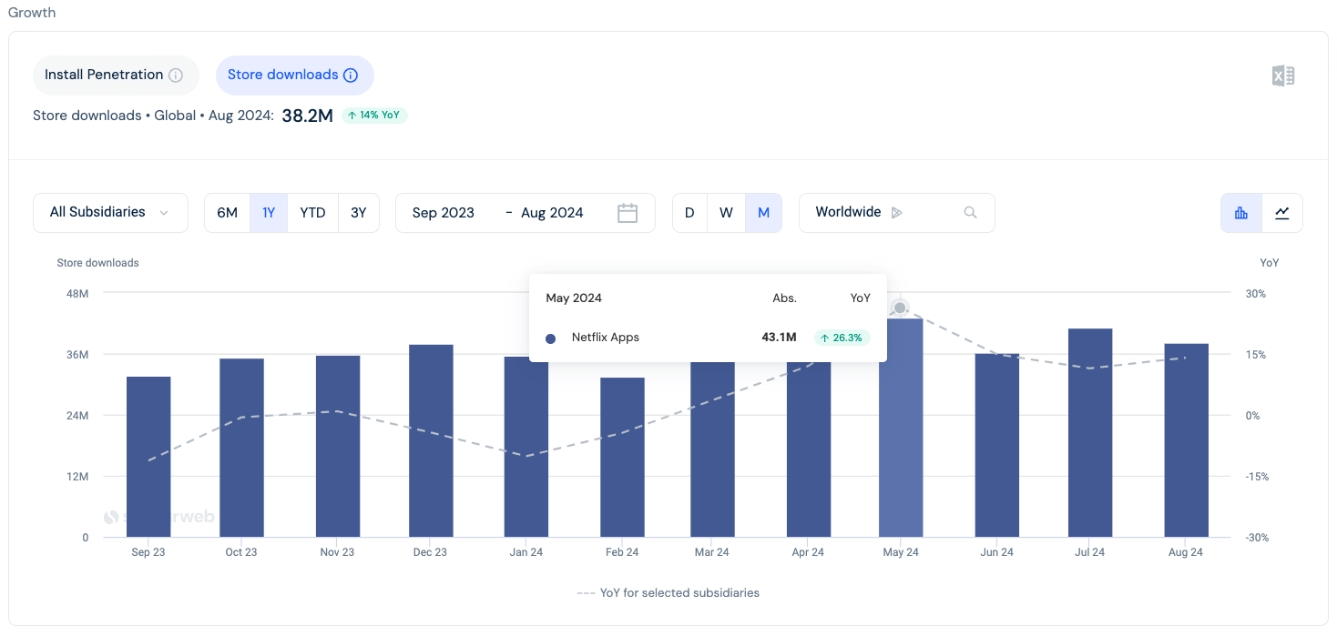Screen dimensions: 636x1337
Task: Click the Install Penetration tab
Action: click(115, 76)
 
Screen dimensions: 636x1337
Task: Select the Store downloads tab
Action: click(294, 76)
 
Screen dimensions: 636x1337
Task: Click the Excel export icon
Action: click(1282, 76)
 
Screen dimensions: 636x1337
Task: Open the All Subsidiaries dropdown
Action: click(110, 213)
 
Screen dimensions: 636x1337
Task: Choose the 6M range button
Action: click(227, 213)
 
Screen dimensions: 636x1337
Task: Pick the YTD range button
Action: click(312, 213)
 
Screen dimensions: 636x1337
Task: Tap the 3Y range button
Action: click(359, 213)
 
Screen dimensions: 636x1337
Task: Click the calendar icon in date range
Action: click(627, 213)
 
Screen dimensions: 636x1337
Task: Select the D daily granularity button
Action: click(689, 213)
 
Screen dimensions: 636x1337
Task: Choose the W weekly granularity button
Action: click(726, 213)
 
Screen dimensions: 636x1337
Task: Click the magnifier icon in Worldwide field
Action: click(970, 213)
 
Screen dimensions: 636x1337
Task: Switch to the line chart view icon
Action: click(1281, 213)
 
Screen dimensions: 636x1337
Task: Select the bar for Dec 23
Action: click(431, 441)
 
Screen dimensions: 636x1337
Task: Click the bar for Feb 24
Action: click(622, 458)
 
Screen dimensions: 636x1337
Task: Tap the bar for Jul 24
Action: click(1090, 433)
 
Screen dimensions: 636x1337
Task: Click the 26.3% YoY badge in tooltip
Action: click(842, 338)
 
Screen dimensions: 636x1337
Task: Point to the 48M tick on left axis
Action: click(77, 294)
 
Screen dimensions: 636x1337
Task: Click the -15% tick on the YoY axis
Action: click(1257, 477)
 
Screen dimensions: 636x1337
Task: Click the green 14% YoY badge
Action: click(374, 116)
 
